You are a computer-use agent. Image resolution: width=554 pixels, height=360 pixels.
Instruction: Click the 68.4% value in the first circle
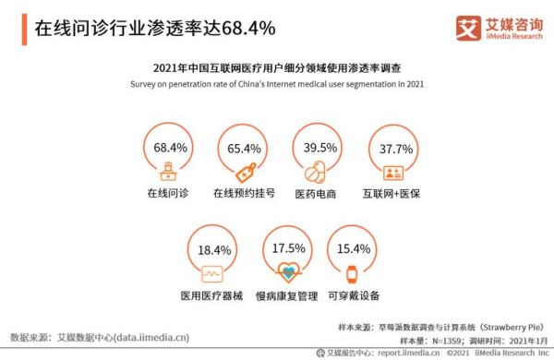tap(171, 147)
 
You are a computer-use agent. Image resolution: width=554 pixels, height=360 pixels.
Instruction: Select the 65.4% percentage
tap(244, 147)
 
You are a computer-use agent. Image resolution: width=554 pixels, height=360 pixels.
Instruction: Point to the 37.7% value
tap(391, 147)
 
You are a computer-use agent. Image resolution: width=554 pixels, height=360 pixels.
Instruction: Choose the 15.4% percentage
tap(355, 249)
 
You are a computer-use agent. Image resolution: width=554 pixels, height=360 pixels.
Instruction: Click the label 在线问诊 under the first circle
tap(168, 195)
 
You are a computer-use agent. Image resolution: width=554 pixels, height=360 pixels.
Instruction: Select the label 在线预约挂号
tap(244, 195)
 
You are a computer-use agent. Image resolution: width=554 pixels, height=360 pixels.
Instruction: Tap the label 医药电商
tap(316, 195)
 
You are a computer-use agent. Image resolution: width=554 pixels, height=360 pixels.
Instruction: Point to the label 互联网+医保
tap(391, 195)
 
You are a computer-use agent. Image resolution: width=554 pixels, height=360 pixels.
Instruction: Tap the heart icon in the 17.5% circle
tap(288, 273)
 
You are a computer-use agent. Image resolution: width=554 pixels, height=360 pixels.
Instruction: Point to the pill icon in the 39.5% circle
tap(317, 171)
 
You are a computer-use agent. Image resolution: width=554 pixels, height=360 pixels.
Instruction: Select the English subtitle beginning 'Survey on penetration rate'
tap(276, 83)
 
